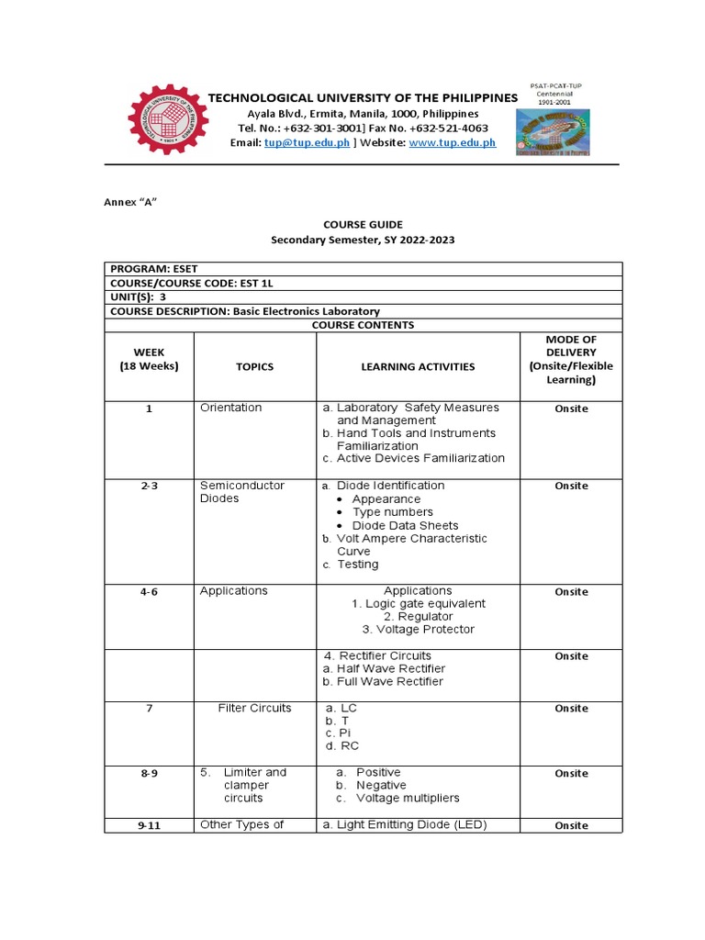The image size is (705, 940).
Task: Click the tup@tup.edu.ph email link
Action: coord(306,143)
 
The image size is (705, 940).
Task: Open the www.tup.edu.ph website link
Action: coord(452,143)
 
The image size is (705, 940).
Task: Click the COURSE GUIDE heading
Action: coord(362,224)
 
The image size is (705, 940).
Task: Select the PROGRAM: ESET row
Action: coord(154,268)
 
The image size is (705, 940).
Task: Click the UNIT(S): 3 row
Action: coord(139,297)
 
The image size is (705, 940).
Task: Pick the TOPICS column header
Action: coord(254,366)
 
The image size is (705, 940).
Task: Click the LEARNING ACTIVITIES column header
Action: coord(418,366)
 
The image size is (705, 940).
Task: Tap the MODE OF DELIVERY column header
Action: coord(571,359)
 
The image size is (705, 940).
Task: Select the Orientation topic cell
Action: coord(230,408)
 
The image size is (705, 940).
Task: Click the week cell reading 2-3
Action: coord(149,487)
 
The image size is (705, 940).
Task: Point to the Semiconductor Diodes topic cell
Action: coord(242,492)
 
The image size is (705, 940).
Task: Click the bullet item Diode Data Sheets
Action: coord(398,525)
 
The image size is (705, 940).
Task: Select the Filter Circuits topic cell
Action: coord(254,708)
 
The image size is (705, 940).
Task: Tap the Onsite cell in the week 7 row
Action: coord(571,709)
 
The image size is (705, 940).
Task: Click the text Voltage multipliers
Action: coord(408,798)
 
